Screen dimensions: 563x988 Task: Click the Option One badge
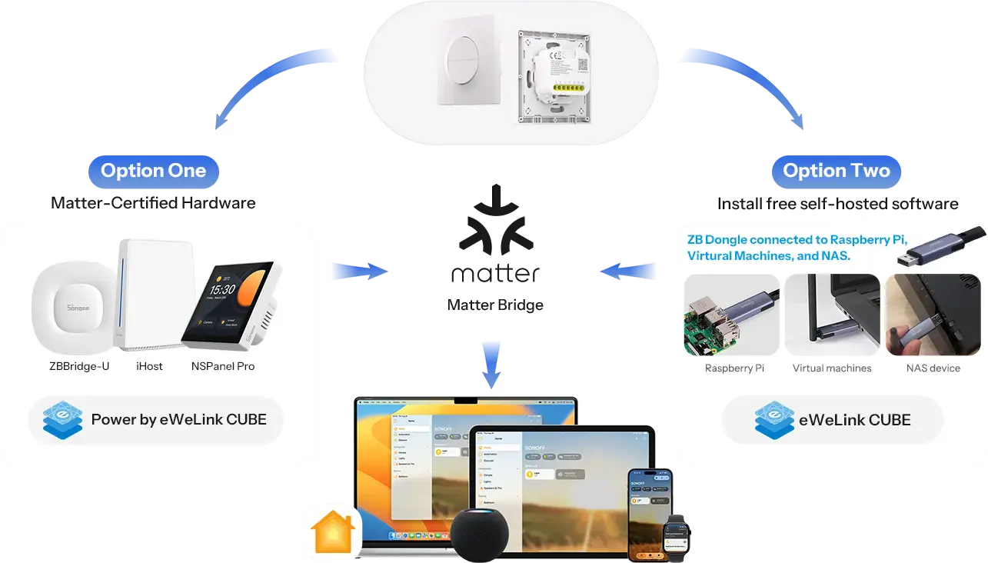(154, 171)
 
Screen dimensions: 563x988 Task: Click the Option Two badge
(836, 171)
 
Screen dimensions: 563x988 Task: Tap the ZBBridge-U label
(79, 366)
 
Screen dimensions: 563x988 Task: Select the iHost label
(149, 366)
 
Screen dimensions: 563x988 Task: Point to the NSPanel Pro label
(223, 366)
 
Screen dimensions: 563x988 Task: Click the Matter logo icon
(493, 228)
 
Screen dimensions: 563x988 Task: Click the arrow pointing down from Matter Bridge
(493, 361)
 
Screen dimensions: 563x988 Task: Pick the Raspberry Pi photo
(731, 315)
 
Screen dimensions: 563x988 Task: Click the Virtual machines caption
(832, 368)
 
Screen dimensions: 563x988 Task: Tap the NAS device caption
(933, 368)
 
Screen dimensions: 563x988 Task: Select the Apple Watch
(678, 535)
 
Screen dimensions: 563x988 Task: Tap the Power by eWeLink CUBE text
(179, 420)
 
